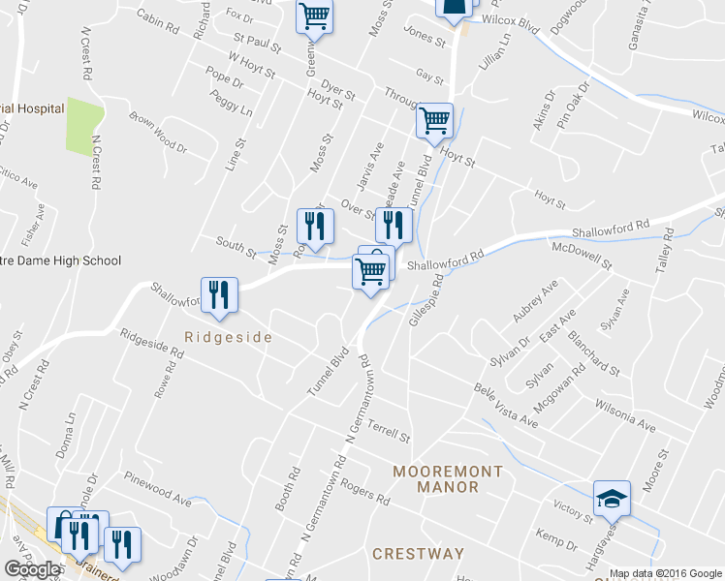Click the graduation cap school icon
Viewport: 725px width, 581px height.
tap(612, 498)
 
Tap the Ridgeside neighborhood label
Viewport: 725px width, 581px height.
tap(228, 337)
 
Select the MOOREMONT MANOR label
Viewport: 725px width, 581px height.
tap(448, 479)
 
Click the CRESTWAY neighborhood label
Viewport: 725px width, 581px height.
tap(418, 554)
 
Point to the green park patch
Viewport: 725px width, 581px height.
tap(83, 126)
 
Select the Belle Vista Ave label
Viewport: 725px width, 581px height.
tap(505, 405)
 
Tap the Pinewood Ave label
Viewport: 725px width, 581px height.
tap(158, 490)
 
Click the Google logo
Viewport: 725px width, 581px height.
tap(32, 569)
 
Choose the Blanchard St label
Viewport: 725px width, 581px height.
tap(593, 354)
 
